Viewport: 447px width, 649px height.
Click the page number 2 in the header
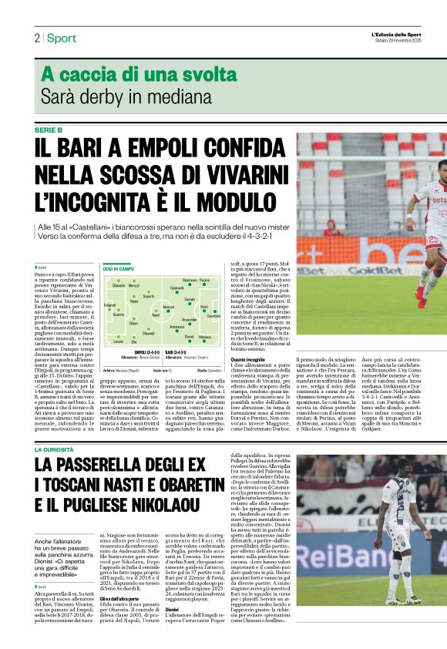point(36,38)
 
